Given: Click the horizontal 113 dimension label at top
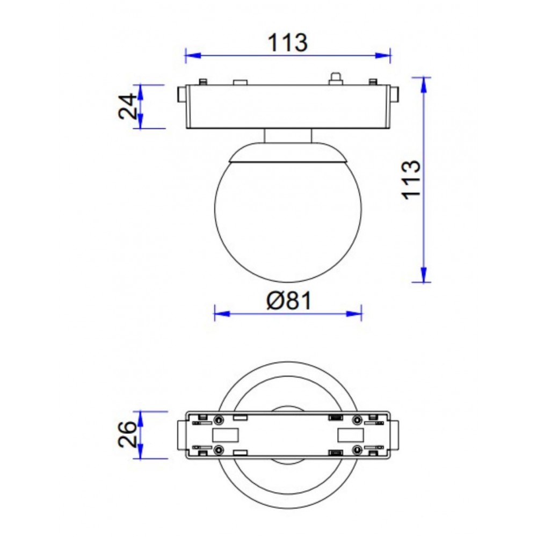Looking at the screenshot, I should [288, 42].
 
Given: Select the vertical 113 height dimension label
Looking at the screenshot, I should [412, 179].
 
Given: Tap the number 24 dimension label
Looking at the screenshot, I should [128, 106].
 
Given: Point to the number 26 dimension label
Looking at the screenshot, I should [128, 434].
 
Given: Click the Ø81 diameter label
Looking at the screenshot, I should [289, 301].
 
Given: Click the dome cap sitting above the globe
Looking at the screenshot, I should [288, 153].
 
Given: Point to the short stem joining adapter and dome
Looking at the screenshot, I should [288, 136].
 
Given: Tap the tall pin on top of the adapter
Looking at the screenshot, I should [336, 78].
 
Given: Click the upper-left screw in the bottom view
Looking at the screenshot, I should [219, 420].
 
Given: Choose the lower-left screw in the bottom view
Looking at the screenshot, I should [219, 449].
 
